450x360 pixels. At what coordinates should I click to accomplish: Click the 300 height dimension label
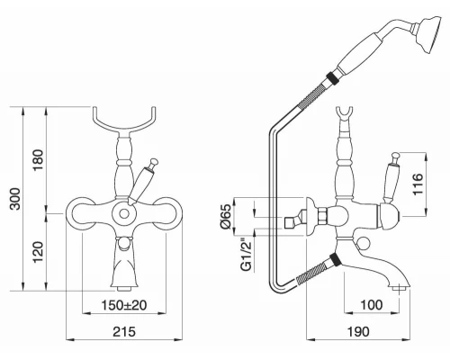click(15, 199)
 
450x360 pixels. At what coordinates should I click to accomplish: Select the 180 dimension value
click(39, 160)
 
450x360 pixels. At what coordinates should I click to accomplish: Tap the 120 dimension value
click(39, 252)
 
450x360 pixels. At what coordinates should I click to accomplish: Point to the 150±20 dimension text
click(124, 305)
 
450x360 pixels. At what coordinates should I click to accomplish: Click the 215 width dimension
click(124, 332)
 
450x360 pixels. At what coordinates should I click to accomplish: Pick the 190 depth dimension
click(358, 332)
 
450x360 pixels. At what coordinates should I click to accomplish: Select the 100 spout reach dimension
click(372, 305)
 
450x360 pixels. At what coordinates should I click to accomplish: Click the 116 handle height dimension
click(418, 184)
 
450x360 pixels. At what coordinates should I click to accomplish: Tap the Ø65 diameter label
click(227, 216)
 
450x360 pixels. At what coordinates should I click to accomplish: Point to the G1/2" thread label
click(247, 255)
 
